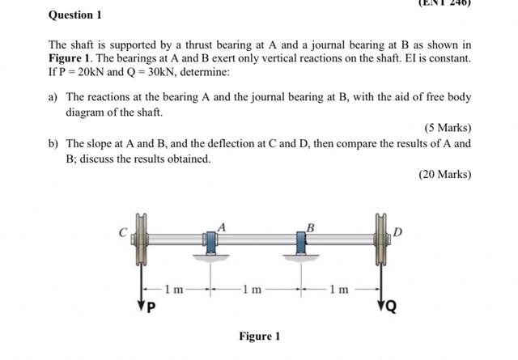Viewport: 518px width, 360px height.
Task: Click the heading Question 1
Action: (75, 15)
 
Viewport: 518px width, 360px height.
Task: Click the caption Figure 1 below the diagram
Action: (259, 336)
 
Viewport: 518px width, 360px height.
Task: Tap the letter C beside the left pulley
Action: (124, 233)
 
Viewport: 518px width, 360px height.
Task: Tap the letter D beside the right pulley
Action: (397, 233)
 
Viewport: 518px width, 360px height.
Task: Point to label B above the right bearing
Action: (310, 227)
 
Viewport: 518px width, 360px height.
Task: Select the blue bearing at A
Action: (211, 242)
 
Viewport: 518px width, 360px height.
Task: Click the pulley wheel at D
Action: (379, 239)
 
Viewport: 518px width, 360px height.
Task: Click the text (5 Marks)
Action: (447, 128)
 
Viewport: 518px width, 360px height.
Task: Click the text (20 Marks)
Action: (444, 174)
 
